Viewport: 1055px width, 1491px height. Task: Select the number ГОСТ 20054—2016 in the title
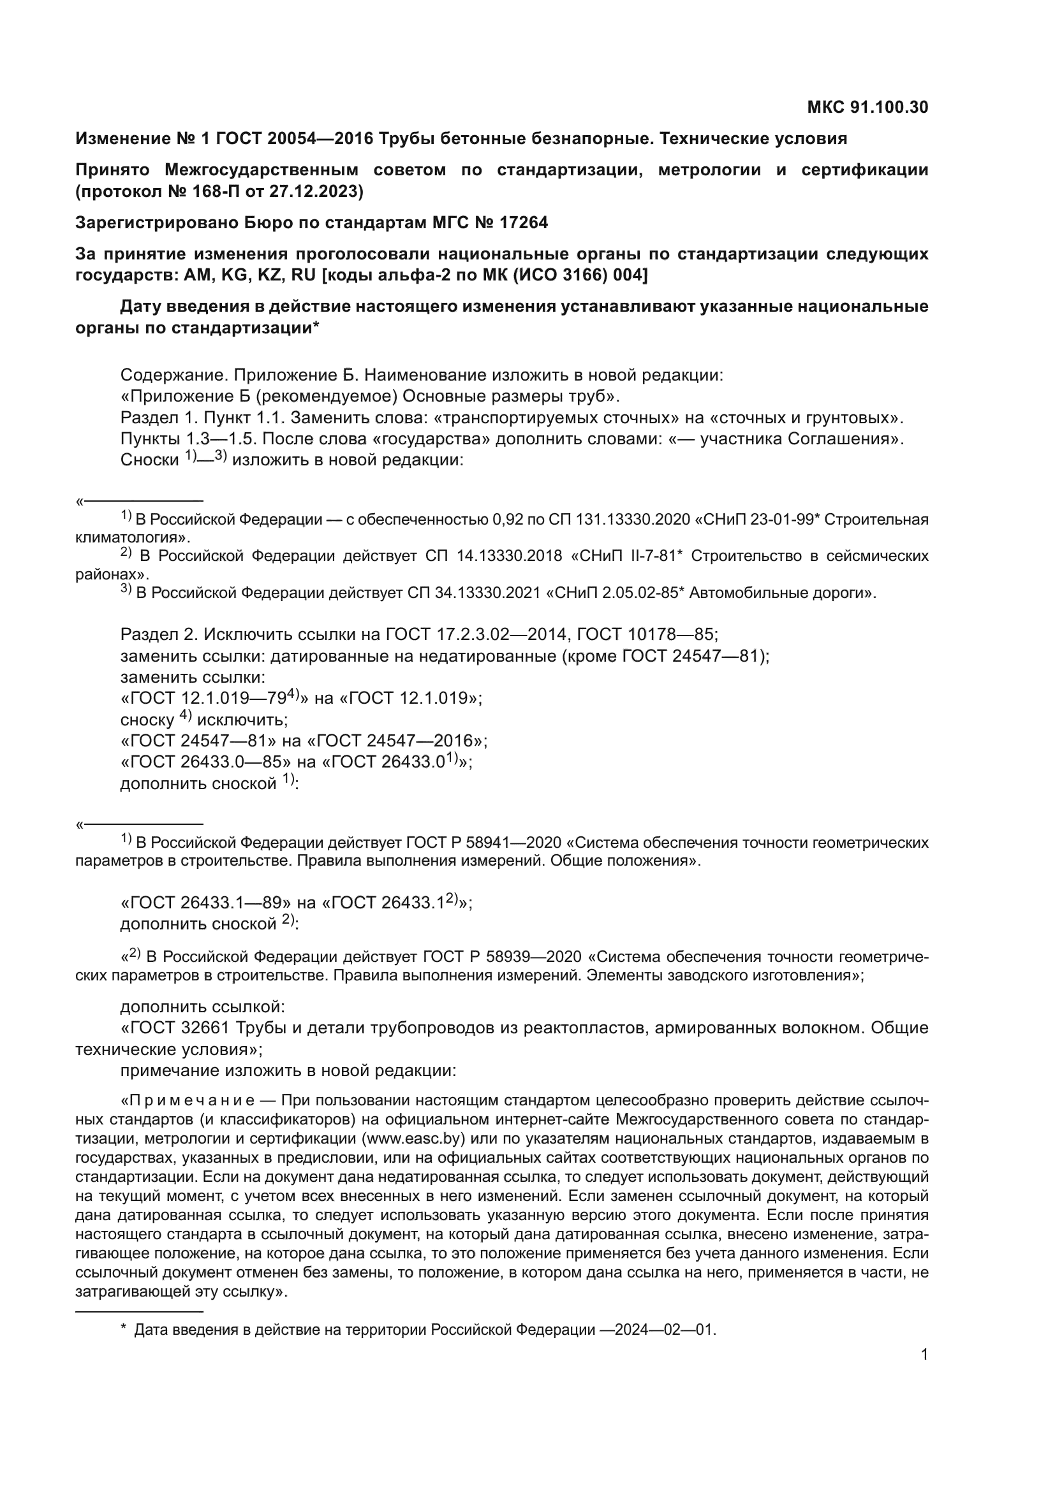pyautogui.click(x=294, y=138)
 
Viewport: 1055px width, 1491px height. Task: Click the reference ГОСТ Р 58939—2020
pyautogui.click(x=501, y=957)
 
